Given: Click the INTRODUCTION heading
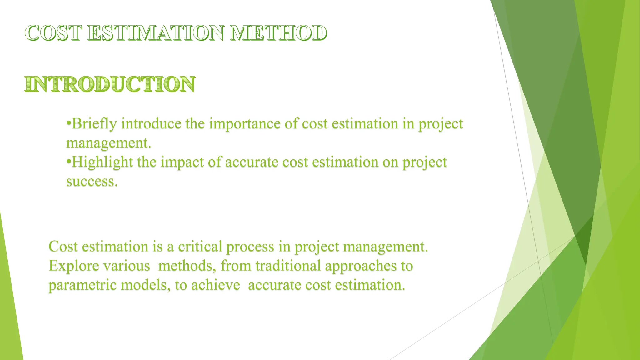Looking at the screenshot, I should pyautogui.click(x=110, y=84).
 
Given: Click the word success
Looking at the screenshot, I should pyautogui.click(x=92, y=182).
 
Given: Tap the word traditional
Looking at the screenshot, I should pyautogui.click(x=288, y=266).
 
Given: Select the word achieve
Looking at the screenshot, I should pyautogui.click(x=216, y=285).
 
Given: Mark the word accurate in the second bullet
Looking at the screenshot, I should pyautogui.click(x=252, y=162).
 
